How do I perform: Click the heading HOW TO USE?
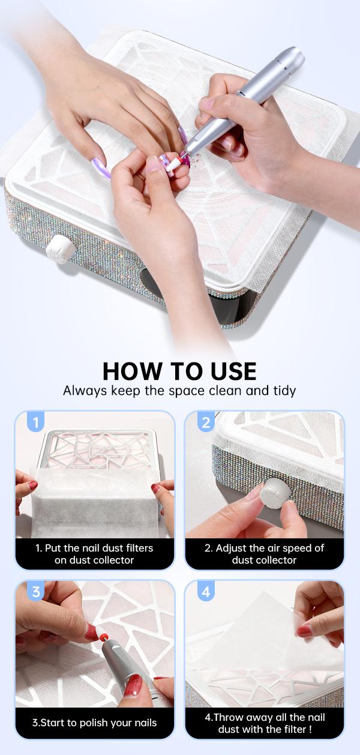179,371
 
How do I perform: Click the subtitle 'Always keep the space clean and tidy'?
179,391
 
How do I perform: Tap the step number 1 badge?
36,422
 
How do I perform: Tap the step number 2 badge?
206,422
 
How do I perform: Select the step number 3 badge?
36,592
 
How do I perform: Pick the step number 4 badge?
206,592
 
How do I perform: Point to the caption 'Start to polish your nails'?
95,723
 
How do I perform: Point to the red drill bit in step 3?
103,636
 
